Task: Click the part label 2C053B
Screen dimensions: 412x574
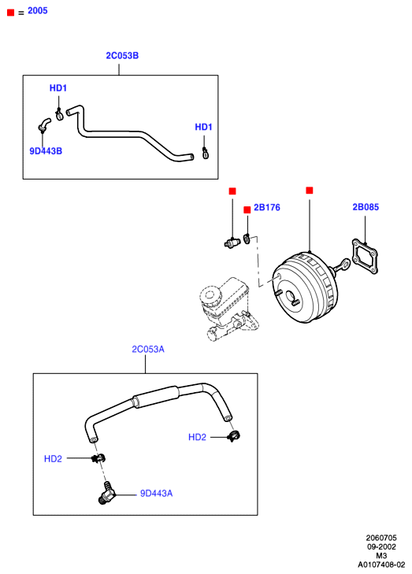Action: point(122,56)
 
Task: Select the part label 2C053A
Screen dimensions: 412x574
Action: point(148,350)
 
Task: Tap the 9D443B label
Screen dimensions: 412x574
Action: point(46,151)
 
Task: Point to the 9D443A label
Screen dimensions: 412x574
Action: point(157,494)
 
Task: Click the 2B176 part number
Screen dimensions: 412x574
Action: point(267,208)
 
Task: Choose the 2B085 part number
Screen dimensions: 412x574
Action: point(366,207)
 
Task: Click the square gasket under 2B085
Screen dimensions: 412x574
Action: point(365,256)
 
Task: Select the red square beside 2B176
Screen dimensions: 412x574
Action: point(247,209)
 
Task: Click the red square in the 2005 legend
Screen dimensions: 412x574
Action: point(10,13)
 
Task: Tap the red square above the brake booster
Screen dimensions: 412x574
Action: point(310,191)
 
